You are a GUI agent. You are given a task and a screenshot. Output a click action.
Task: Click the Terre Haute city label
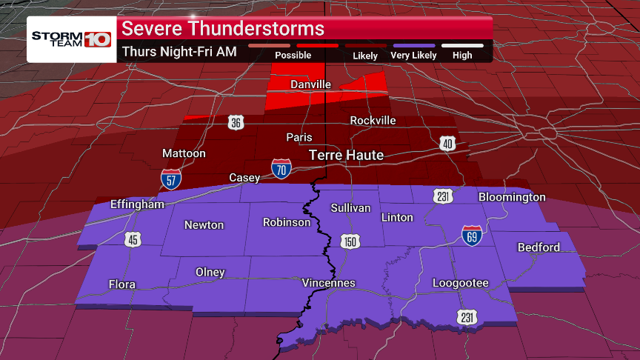coord(346,156)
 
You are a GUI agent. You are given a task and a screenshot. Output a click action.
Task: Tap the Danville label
coord(310,84)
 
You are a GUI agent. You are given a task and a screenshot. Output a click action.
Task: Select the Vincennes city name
coord(329,283)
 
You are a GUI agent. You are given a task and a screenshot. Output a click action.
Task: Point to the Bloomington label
coord(512,197)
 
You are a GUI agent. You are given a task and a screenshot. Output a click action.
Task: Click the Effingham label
coord(137,204)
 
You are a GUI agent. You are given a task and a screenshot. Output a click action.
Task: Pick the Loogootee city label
coord(461,283)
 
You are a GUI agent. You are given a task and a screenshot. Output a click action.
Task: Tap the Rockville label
coord(373,120)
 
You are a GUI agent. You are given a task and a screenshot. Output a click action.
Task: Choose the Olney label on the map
coord(210,272)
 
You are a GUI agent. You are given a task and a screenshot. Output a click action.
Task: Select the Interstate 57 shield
coord(170,179)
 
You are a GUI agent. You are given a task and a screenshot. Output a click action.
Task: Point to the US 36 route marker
coord(236,123)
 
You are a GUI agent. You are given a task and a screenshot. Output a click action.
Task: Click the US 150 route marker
coord(350,242)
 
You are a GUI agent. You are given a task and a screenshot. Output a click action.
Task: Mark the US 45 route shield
coord(132,239)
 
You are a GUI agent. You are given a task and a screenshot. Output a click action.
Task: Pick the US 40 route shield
coord(447,144)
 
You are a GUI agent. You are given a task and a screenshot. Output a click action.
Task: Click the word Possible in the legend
coord(293,56)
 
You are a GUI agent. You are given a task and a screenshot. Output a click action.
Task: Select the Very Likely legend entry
coord(413,56)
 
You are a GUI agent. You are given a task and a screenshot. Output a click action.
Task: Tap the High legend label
coord(462,56)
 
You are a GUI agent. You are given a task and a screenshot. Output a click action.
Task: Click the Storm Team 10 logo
coord(71,39)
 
